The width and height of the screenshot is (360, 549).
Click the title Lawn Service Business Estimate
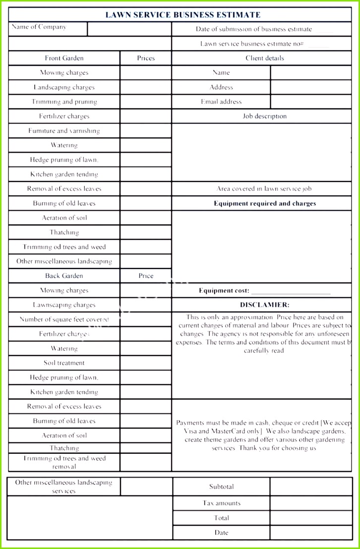(182, 15)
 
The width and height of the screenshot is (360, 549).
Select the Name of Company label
(39, 27)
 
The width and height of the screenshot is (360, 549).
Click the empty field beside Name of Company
(129, 29)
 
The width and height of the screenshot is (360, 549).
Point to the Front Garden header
(64, 58)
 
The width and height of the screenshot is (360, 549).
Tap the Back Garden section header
(64, 276)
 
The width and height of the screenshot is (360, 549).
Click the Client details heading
(265, 58)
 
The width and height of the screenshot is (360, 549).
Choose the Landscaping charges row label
(64, 87)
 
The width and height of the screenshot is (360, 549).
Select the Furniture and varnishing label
(64, 131)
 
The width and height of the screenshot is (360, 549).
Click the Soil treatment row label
(64, 363)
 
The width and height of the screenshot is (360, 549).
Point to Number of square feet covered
(64, 320)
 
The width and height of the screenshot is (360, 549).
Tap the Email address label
(221, 102)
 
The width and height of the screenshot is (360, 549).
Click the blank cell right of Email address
(311, 102)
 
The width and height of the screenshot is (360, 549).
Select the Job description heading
(265, 116)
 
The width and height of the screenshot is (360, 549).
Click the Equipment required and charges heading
(265, 203)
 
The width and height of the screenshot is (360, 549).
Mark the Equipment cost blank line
(291, 291)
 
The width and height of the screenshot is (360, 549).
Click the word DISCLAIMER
(265, 305)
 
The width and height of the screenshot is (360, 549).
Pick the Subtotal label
(221, 487)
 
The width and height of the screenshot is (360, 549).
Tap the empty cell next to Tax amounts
(311, 503)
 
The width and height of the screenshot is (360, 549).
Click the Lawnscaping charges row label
(64, 305)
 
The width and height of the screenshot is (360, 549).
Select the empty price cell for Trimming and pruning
(146, 102)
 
